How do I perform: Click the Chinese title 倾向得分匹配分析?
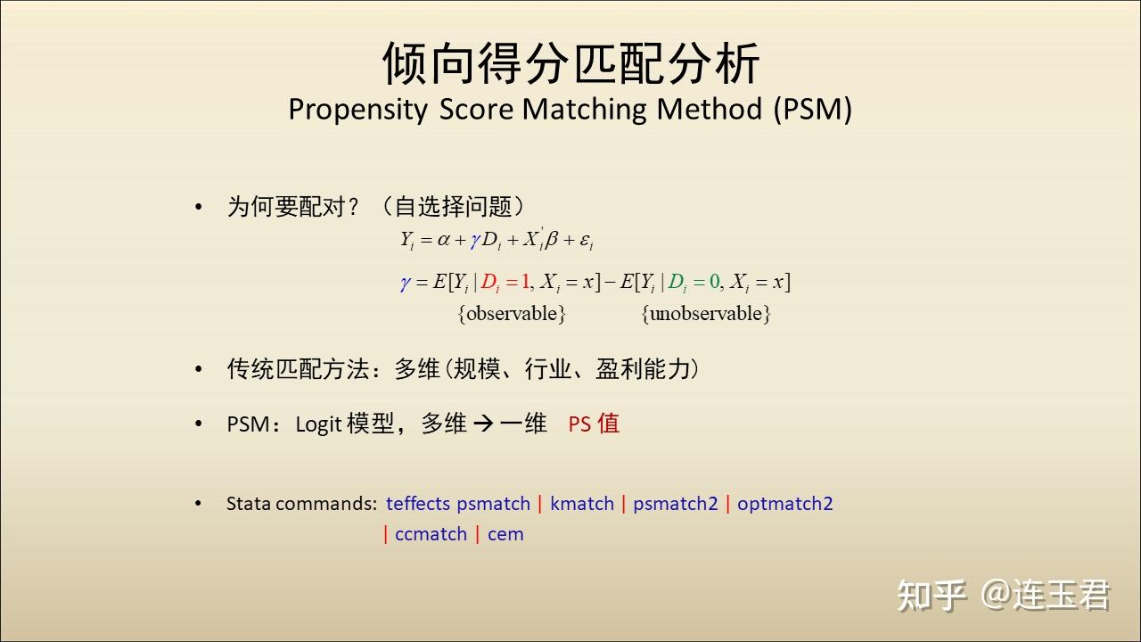[x=571, y=63]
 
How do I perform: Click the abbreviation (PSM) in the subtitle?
[x=812, y=109]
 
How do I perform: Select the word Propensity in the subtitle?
[x=358, y=110]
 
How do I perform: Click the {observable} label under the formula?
[x=512, y=313]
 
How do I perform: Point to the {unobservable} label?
[x=706, y=313]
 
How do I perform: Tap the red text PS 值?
[x=594, y=424]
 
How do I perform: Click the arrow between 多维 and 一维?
[x=483, y=424]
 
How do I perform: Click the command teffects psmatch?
[x=458, y=504]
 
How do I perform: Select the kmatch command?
[x=582, y=504]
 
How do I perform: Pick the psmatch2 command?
[x=676, y=504]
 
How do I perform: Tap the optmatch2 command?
[x=785, y=504]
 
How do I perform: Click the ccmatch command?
[x=431, y=534]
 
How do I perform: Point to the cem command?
[x=505, y=534]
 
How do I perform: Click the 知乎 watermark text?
[x=932, y=595]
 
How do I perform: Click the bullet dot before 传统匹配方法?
[x=199, y=369]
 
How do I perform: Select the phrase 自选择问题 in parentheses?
[x=453, y=206]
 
